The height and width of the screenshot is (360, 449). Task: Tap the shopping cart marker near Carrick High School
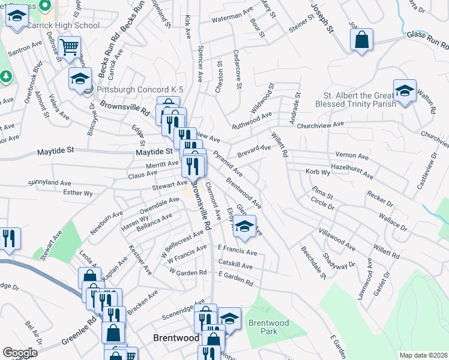coord(70,46)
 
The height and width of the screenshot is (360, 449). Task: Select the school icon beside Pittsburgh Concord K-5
coord(80,79)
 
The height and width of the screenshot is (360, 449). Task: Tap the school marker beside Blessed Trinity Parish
coord(405,91)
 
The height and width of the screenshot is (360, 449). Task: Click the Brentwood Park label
coord(268,327)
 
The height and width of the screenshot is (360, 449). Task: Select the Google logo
coord(20,353)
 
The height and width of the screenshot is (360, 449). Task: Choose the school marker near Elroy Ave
coord(244,227)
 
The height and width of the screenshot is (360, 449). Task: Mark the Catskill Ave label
coord(235,265)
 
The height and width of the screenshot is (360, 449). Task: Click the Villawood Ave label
coord(337,239)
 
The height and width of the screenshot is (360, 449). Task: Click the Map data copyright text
coord(423,355)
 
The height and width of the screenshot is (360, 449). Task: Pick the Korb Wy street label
coord(318,172)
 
